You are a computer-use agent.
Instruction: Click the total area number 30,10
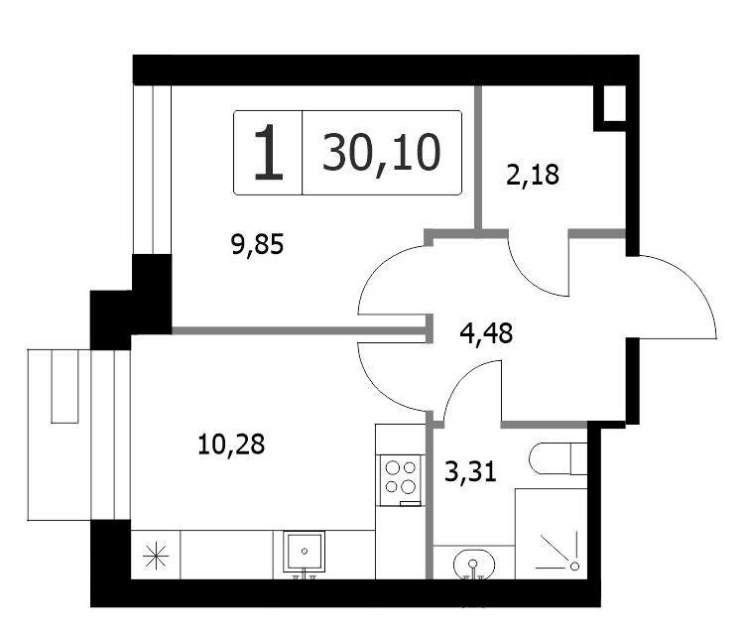point(382,153)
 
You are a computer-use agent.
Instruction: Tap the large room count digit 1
point(269,152)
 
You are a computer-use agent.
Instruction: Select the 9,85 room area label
point(257,245)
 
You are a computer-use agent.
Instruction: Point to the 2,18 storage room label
point(533,175)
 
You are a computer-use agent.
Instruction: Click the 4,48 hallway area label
point(486,333)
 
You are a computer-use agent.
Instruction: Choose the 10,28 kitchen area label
point(231,445)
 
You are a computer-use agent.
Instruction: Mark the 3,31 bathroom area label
point(470,472)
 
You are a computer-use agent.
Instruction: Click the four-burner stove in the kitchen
point(400,480)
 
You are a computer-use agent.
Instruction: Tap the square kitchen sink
point(304,552)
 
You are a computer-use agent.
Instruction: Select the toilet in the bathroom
point(558,458)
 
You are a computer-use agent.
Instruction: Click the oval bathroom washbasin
point(474,565)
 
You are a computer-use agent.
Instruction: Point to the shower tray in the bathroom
point(552,534)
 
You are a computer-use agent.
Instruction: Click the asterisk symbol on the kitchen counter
point(156,557)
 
